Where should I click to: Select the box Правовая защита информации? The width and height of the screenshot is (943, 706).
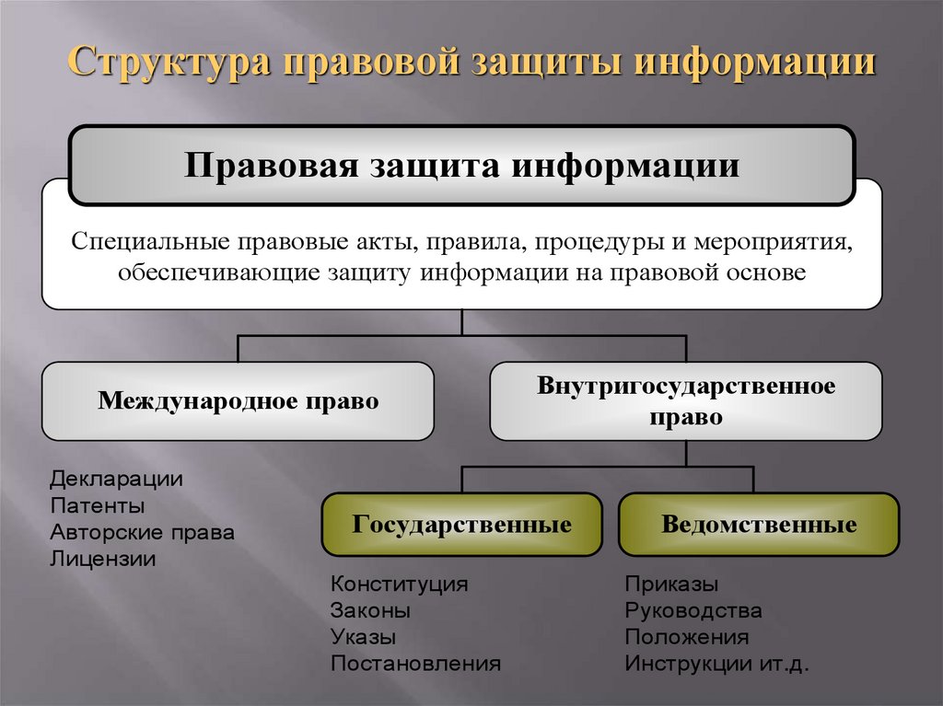(462, 166)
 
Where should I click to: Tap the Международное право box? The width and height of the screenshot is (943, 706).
(239, 401)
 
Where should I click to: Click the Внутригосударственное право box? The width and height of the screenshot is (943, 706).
(686, 400)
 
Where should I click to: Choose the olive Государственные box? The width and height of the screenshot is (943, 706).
(461, 525)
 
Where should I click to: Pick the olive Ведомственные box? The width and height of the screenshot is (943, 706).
(759, 525)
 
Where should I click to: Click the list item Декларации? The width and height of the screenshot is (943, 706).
(117, 479)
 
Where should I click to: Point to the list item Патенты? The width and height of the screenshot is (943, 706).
(98, 505)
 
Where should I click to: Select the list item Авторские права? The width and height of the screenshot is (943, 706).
(143, 532)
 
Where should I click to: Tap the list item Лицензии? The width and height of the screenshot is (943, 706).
(103, 558)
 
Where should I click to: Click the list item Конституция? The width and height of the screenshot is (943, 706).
(400, 584)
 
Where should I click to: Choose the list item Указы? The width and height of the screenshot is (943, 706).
(364, 637)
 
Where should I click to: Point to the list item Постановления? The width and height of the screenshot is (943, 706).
(416, 663)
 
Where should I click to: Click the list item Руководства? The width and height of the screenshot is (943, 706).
(693, 610)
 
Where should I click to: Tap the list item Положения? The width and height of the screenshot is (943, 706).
(687, 637)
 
